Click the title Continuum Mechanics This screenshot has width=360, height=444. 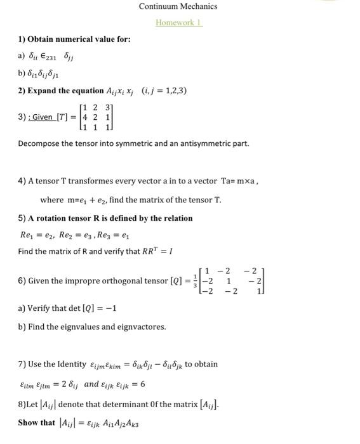(x=178, y=6)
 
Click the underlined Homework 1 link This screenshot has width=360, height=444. (x=178, y=22)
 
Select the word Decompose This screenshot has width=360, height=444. (x=39, y=143)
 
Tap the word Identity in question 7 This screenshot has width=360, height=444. (x=68, y=364)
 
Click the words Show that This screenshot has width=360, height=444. (x=36, y=422)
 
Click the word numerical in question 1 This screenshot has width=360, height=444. (x=81, y=39)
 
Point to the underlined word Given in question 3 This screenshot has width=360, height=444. (x=43, y=117)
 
